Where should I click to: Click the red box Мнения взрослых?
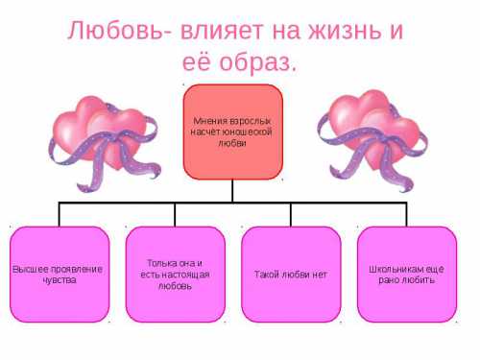pos(232,132)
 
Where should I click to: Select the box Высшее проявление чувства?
pos(58,274)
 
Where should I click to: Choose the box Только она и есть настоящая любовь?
pos(174,274)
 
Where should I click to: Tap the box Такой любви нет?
pos(290,274)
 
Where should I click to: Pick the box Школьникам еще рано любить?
pos(406,274)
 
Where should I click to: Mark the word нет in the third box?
pos(320,275)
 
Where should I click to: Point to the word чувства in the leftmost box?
pos(58,280)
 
